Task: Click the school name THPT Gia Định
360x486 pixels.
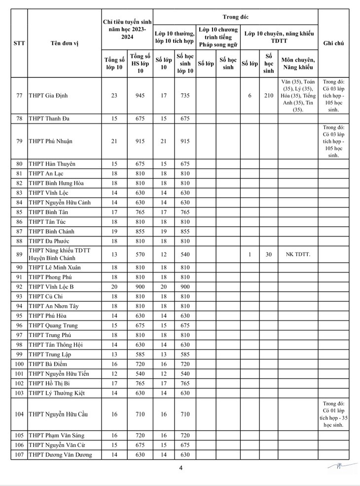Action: pos(48,96)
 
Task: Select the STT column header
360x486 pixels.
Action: pos(19,43)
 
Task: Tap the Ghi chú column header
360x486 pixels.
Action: pos(333,43)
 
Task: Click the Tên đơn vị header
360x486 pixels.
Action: pos(64,43)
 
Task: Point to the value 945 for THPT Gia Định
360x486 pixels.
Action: pos(140,96)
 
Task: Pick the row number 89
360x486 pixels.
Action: pos(19,254)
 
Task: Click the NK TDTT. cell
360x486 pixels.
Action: pos(298,254)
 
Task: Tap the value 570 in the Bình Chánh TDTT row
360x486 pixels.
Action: pos(140,254)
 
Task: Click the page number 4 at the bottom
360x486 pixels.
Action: pos(181,468)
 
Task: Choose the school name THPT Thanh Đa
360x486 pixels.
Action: pos(48,119)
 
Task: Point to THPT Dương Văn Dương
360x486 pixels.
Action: pos(60,455)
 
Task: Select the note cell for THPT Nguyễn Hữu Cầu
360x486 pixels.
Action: pos(333,414)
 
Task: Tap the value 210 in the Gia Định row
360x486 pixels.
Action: pos(268,96)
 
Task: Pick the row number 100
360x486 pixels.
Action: pos(19,364)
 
